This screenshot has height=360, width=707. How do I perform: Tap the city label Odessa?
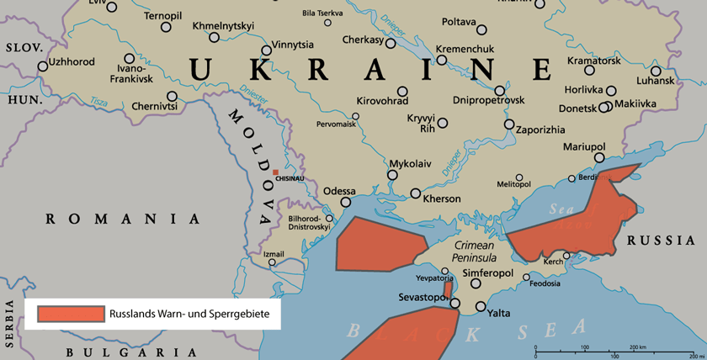pos(340,191)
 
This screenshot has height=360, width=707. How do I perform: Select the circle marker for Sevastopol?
pos(454,304)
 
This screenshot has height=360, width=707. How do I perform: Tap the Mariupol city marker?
pos(600,157)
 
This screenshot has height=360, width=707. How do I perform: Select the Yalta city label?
pos(499,314)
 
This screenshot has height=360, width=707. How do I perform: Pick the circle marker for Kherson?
pos(416,193)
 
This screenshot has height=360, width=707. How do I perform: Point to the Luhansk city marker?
pos(656,71)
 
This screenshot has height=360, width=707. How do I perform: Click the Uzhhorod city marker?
pos(43,66)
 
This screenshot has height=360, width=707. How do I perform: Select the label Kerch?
pos(553,262)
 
